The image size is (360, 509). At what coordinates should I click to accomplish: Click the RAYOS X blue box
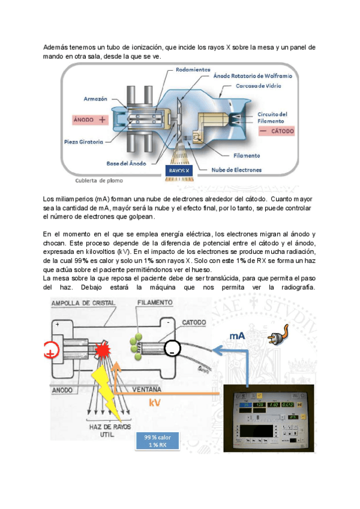(179, 170)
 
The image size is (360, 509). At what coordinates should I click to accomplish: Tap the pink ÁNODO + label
(89, 119)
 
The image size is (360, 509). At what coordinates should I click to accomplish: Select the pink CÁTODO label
(277, 130)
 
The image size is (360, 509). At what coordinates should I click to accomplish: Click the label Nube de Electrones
(236, 170)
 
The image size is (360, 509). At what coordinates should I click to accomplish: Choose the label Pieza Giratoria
(83, 142)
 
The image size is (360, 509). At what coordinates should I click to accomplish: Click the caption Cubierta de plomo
(100, 180)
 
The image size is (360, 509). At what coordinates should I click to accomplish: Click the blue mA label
(238, 336)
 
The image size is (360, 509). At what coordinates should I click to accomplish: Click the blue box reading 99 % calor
(157, 440)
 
